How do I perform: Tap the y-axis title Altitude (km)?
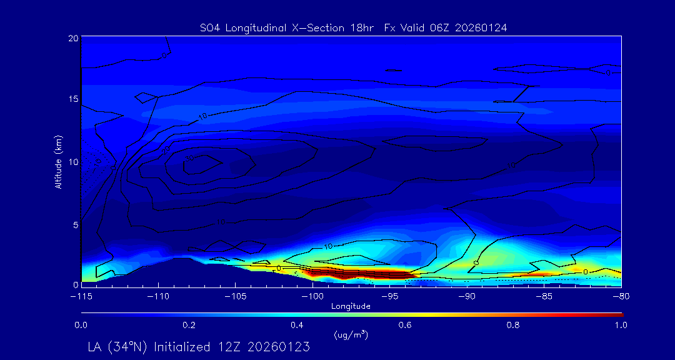click(58, 162)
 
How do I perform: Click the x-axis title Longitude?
click(351, 306)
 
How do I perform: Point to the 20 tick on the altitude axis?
click(73, 39)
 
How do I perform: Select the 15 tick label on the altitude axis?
click(73, 100)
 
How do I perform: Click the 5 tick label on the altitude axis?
click(76, 224)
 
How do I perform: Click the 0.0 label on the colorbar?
click(81, 325)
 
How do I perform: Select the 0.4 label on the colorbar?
click(297, 325)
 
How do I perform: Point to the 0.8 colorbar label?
click(513, 325)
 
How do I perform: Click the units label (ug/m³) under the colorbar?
click(351, 335)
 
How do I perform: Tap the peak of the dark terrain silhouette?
click(181, 257)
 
